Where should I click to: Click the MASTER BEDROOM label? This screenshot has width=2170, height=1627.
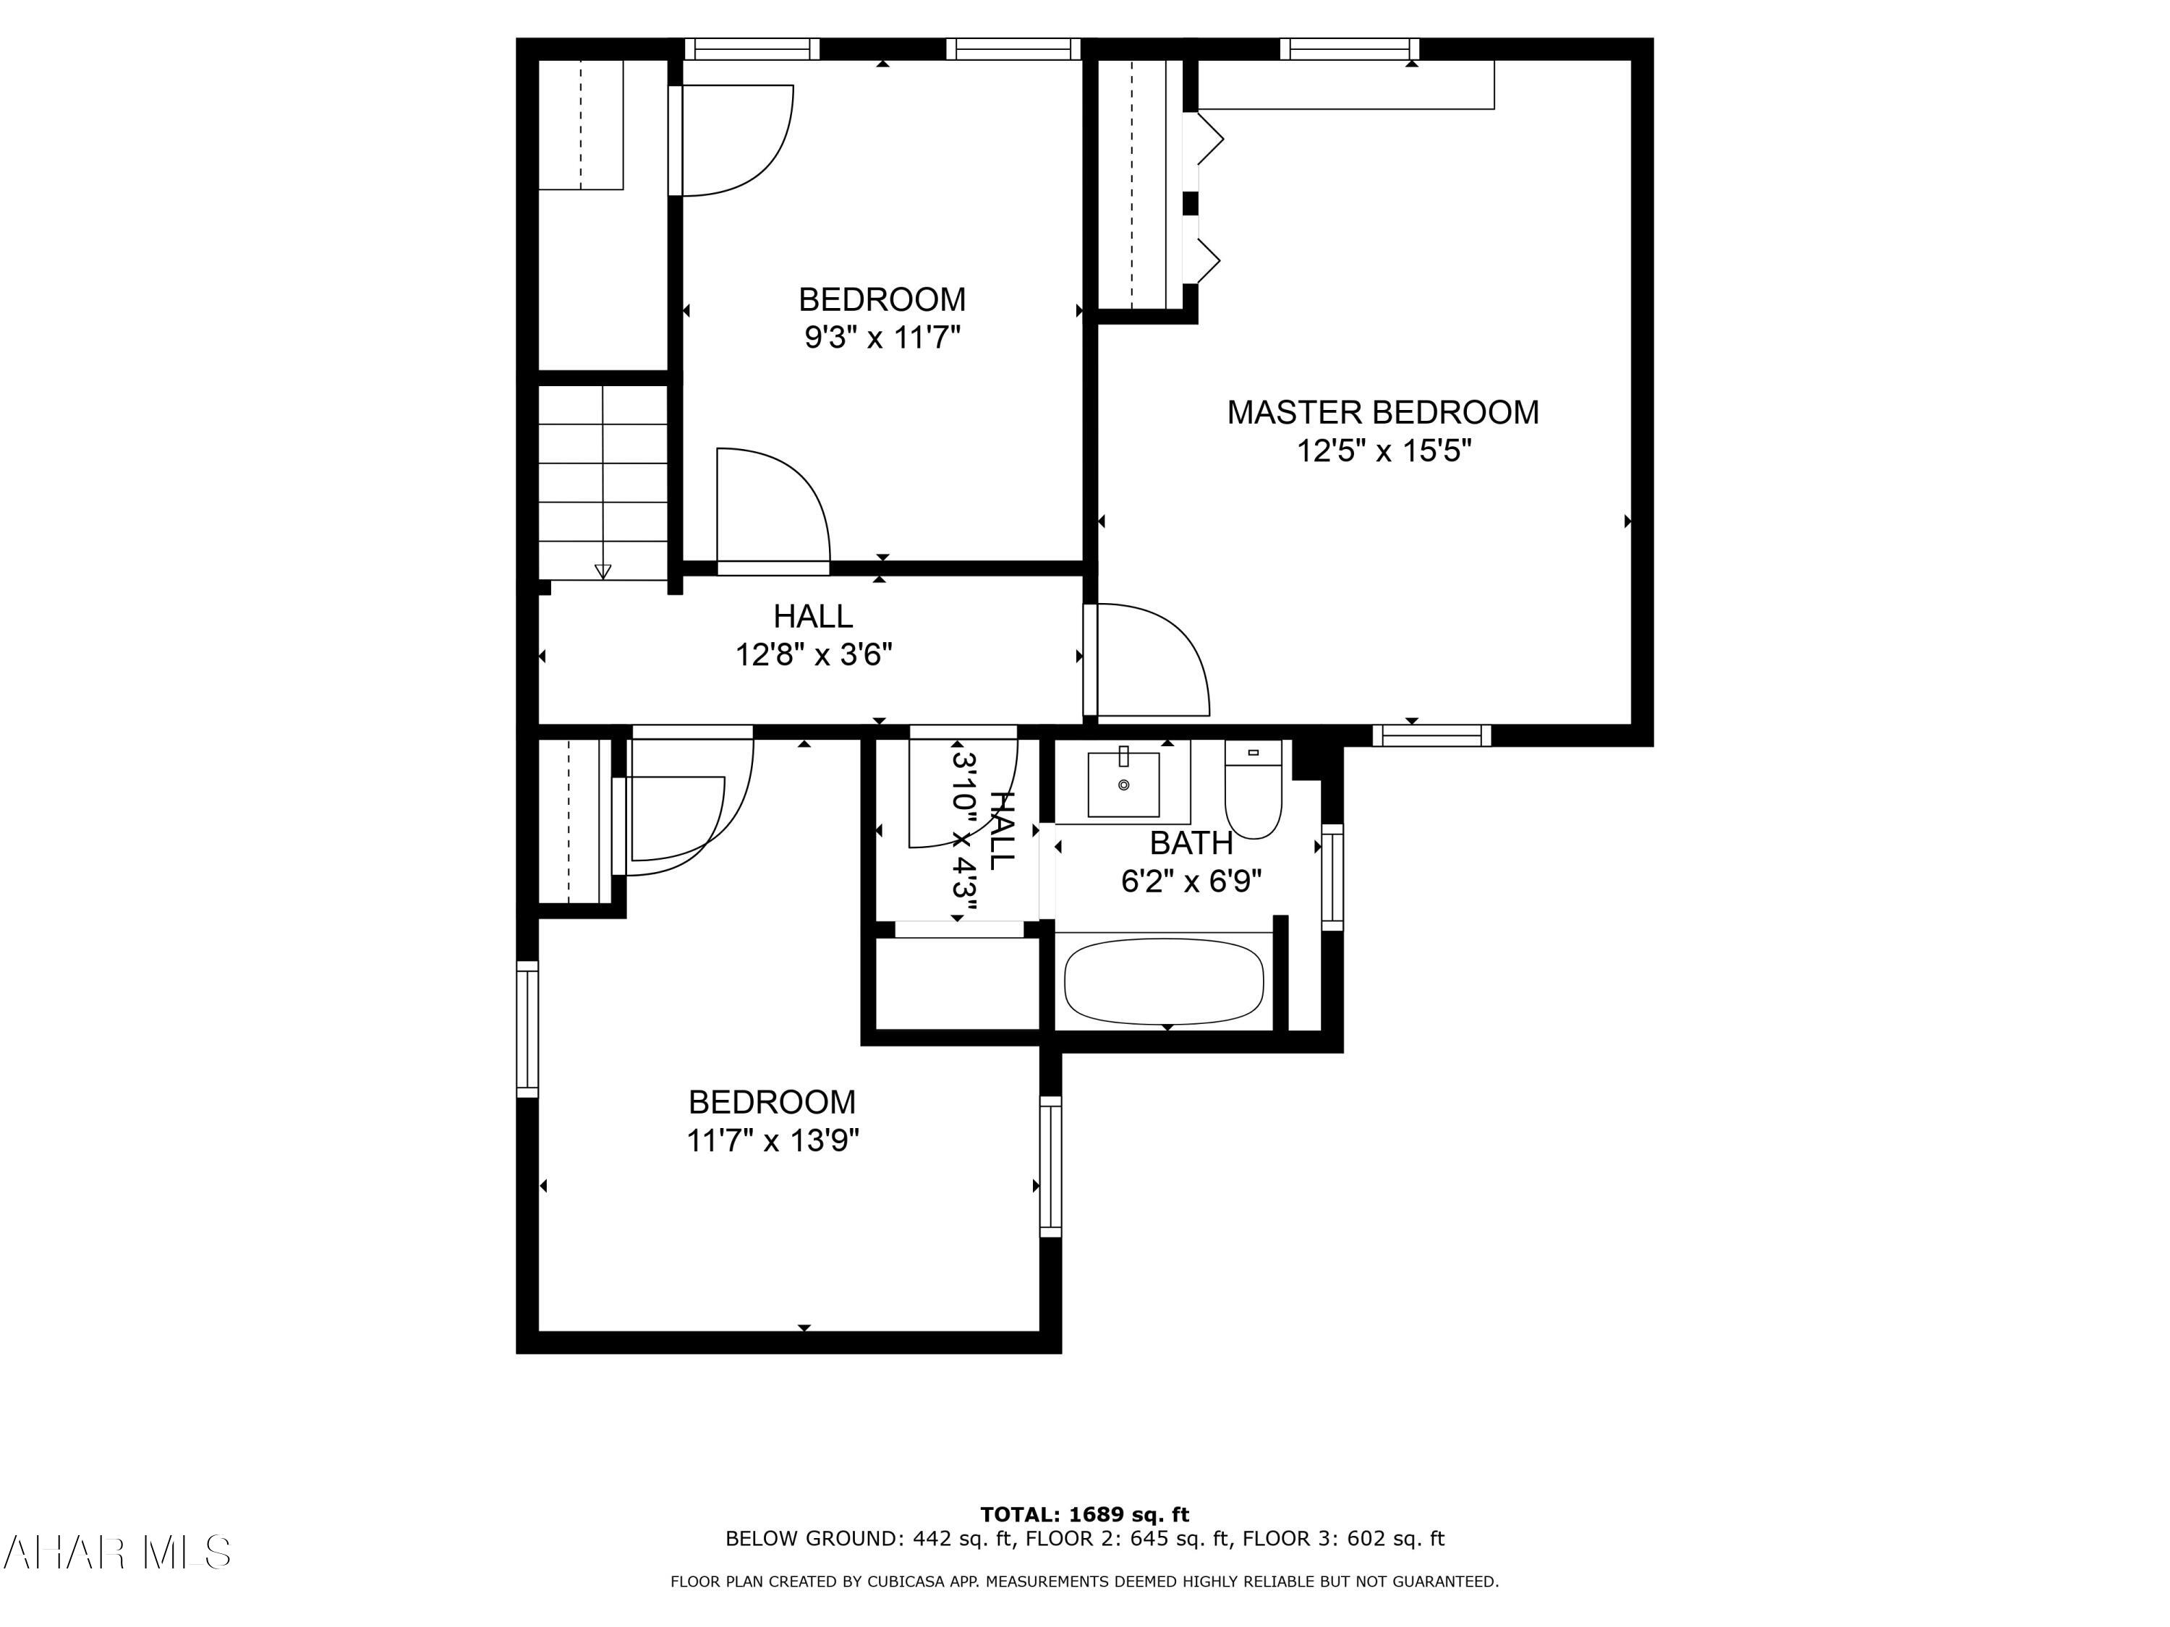[x=1382, y=412]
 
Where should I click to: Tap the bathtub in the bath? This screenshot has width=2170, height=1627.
[x=1163, y=982]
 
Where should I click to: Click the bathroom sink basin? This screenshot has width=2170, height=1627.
[x=1123, y=785]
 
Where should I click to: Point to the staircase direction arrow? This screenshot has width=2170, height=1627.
[x=603, y=571]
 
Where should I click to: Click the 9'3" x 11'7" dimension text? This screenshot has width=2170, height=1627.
[x=882, y=338]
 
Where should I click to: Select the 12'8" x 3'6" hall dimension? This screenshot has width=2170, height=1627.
[x=813, y=654]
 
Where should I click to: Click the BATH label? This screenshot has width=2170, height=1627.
[x=1191, y=842]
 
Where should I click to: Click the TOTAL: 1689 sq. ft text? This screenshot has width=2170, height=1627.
[x=1084, y=1514]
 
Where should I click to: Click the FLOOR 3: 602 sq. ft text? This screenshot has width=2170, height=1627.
[x=1343, y=1539]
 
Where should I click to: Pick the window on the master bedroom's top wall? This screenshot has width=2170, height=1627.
[x=1350, y=48]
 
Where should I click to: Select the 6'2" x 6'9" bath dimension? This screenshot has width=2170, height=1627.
[x=1191, y=881]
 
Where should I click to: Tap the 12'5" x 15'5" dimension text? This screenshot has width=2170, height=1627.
[x=1383, y=451]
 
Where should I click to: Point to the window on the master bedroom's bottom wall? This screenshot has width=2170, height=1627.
[x=1431, y=735]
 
